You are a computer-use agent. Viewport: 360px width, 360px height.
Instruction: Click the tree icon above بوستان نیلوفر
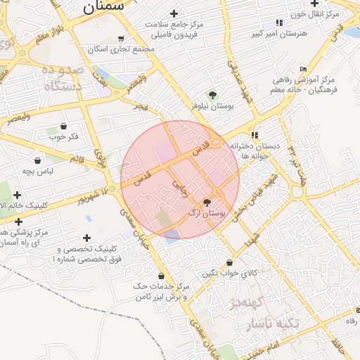(212, 94)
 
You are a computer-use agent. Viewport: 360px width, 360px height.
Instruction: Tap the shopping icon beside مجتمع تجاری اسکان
(122, 39)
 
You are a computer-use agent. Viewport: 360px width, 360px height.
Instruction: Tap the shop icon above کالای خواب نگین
(230, 263)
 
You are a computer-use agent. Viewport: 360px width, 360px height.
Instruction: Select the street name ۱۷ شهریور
(97, 193)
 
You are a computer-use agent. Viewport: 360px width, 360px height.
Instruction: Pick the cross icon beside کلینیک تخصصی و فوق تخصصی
(87, 238)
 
